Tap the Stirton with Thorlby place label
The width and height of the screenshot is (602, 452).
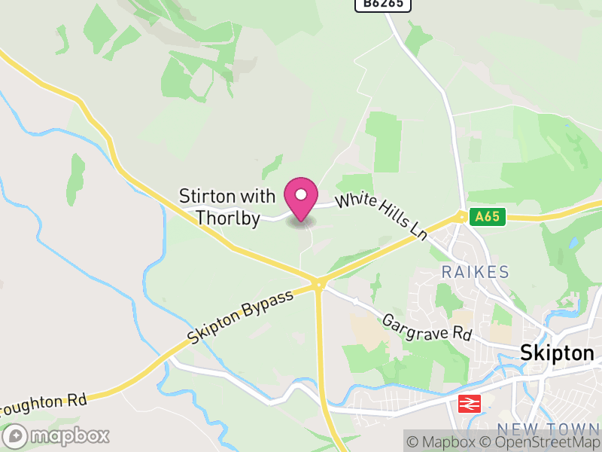coord(228,207)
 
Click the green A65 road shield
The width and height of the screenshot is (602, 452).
coord(486,217)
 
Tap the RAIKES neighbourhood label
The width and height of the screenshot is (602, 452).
coord(475,272)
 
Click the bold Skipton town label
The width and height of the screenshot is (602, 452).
coord(558,353)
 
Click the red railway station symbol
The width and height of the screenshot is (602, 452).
coord(469,404)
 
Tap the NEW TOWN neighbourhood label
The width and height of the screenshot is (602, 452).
coord(559,430)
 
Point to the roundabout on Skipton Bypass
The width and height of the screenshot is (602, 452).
coord(318,284)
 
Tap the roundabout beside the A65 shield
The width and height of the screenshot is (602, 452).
coord(461,217)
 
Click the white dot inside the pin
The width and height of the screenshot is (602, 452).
coord(301,194)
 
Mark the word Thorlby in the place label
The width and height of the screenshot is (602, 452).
coord(228,218)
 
